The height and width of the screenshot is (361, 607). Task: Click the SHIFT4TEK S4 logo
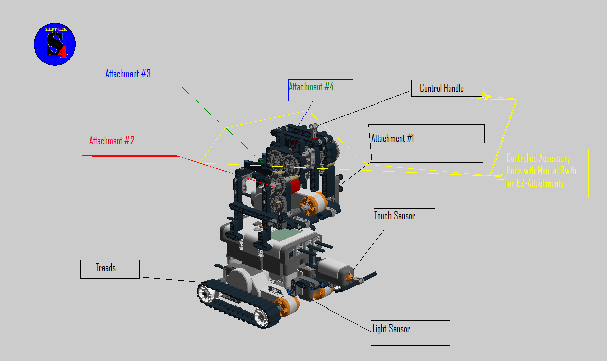(55, 44)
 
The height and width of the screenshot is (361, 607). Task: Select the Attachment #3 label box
(141, 73)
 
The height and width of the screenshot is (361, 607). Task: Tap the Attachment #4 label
(320, 90)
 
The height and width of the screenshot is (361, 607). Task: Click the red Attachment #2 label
(129, 142)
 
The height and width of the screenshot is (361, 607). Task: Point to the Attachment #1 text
(393, 138)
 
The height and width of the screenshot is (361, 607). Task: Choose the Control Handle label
(446, 89)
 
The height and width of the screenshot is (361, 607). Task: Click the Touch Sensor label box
(404, 219)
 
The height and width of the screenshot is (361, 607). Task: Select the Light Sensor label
(410, 332)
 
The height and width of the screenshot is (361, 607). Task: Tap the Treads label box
(109, 269)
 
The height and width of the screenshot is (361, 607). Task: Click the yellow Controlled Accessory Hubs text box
(546, 173)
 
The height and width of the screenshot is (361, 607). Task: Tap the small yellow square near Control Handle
(487, 97)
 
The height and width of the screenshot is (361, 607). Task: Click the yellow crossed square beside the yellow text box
(500, 176)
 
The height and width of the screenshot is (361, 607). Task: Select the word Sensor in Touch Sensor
(404, 216)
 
